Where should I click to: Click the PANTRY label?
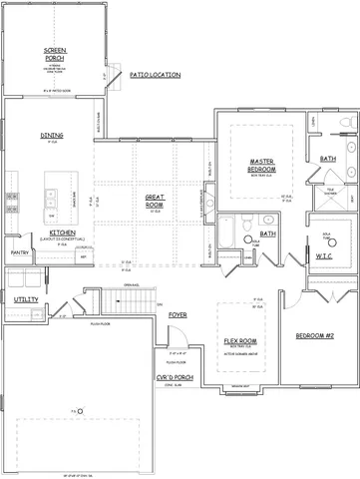click(18, 253)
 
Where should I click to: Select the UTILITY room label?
click(26, 299)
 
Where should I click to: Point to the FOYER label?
click(178, 314)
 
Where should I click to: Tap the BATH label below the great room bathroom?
click(267, 235)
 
